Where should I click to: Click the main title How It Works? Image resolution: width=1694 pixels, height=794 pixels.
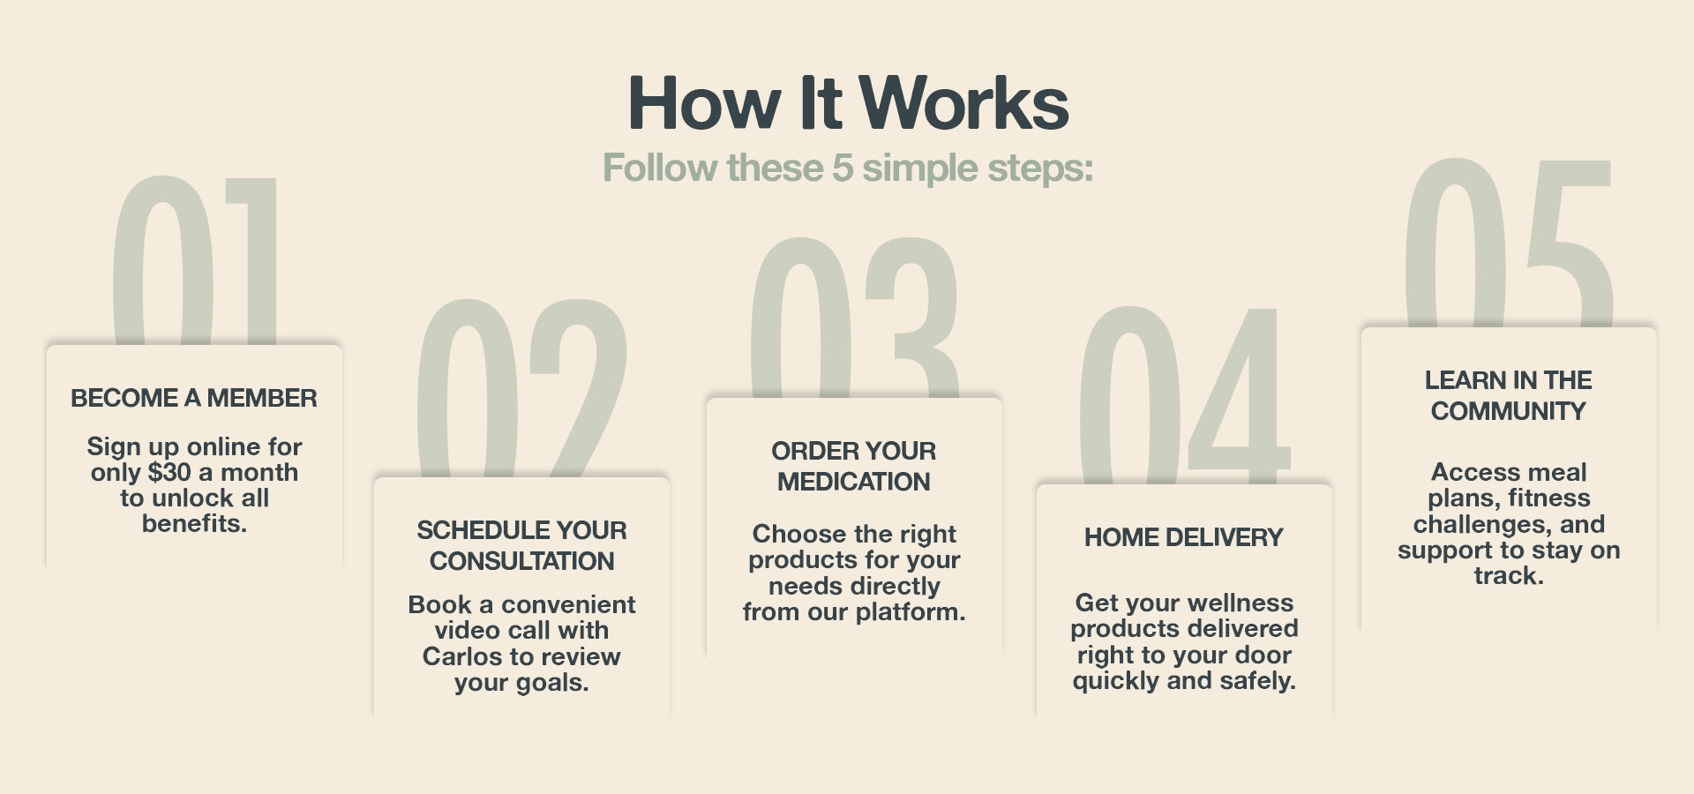click(848, 102)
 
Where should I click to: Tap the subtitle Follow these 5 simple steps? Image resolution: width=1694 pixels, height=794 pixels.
click(848, 168)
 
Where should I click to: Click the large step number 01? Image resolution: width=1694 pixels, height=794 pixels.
click(194, 260)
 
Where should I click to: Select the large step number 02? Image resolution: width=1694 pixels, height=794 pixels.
click(522, 388)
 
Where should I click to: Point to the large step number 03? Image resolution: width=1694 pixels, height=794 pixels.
click(854, 318)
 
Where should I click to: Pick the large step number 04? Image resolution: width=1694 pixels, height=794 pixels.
click(1184, 395)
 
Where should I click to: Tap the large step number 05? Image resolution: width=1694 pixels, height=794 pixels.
click(1509, 243)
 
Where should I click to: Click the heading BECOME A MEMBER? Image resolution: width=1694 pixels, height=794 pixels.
click(194, 398)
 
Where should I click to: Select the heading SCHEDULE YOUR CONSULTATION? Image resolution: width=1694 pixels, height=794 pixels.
click(521, 545)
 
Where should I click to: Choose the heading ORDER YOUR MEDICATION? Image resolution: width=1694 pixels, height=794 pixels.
click(854, 466)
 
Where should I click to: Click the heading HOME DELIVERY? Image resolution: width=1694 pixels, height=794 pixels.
click(1184, 537)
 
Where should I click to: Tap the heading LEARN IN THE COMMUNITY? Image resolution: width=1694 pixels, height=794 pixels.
click(1509, 395)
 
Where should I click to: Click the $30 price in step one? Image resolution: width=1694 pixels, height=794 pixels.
click(169, 472)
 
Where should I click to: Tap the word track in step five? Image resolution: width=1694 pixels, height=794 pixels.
click(1509, 576)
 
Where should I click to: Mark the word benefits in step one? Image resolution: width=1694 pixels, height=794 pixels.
click(194, 523)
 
